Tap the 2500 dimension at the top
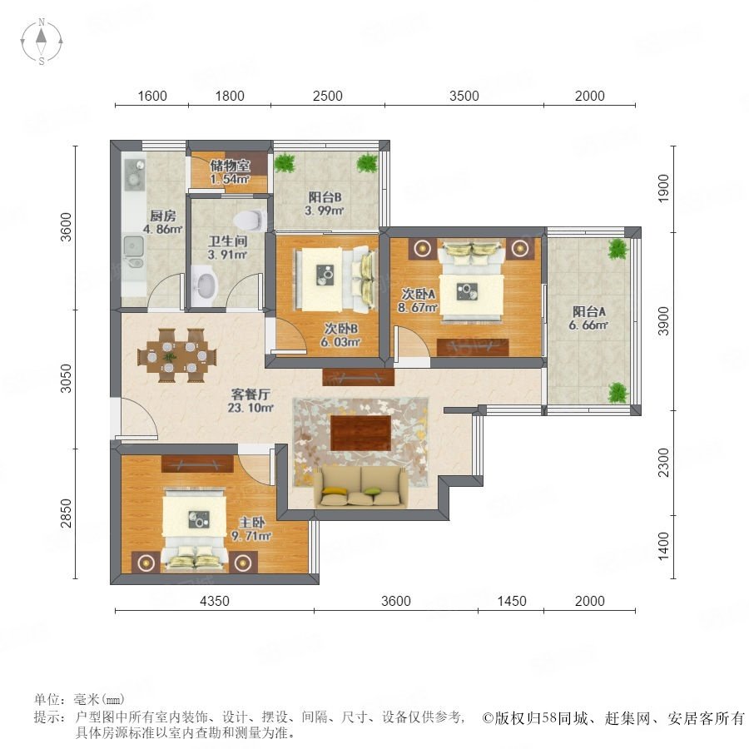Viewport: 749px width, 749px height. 328,96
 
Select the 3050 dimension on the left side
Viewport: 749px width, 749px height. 66,379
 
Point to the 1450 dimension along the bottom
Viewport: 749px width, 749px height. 512,601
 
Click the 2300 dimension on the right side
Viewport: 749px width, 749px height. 663,463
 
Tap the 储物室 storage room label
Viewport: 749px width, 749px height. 231,166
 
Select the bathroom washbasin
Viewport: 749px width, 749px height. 205,285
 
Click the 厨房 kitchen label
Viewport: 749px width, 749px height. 163,216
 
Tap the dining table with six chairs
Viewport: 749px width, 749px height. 177,355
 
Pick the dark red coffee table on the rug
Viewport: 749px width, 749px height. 360,434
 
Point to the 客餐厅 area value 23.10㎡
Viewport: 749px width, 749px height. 250,408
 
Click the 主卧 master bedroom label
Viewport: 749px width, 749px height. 251,523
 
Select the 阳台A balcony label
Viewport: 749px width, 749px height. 589,312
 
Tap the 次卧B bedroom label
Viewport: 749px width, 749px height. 340,329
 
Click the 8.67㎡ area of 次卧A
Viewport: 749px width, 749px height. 418,308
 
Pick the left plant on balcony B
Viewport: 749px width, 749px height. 285,162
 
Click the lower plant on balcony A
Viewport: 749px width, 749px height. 618,393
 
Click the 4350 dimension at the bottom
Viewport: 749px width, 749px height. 215,601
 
